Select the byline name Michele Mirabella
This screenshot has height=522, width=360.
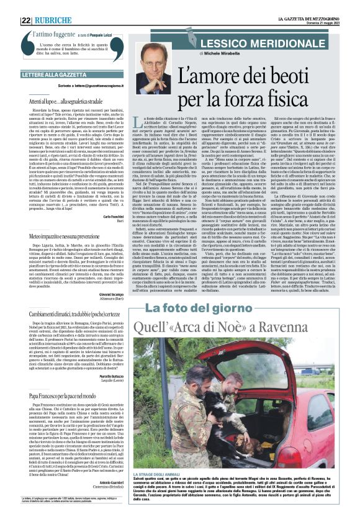click(239, 54)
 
